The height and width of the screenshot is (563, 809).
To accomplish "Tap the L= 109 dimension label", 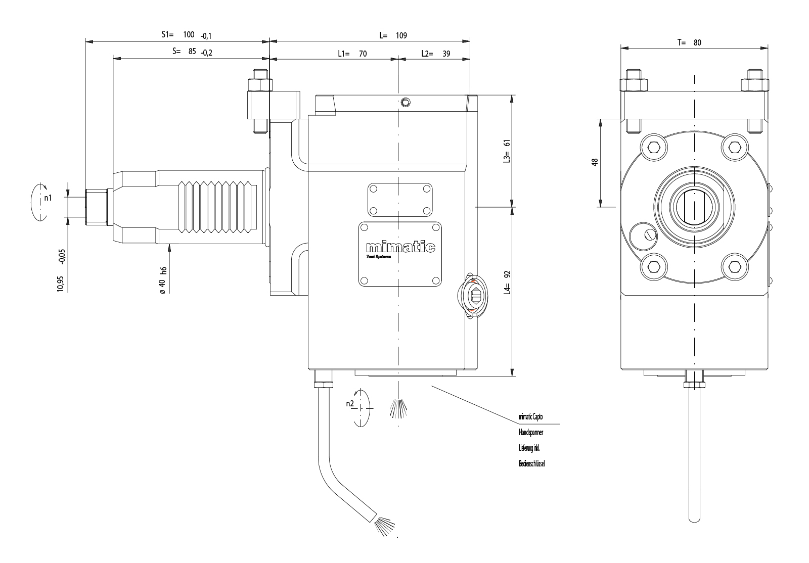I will pyautogui.click(x=393, y=36).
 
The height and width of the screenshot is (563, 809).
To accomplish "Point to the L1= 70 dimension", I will pyautogui.click(x=352, y=54).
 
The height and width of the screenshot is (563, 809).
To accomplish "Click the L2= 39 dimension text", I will pyautogui.click(x=435, y=54).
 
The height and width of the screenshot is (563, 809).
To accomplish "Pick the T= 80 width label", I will pyautogui.click(x=689, y=43).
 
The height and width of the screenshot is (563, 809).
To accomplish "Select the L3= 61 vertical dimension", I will pyautogui.click(x=507, y=151).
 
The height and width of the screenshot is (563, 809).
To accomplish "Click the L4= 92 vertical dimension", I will pyautogui.click(x=507, y=282).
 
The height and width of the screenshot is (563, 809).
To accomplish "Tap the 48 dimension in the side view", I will pyautogui.click(x=595, y=162).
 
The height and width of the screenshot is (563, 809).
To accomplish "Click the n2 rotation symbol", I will pyautogui.click(x=359, y=407).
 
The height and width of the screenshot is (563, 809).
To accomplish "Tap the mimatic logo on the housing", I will pyautogui.click(x=400, y=248).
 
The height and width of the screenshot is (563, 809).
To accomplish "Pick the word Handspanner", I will pyautogui.click(x=531, y=433).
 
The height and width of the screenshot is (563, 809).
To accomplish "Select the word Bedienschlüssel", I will pyautogui.click(x=531, y=463).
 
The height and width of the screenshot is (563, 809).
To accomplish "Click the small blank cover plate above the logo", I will pyautogui.click(x=400, y=200).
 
